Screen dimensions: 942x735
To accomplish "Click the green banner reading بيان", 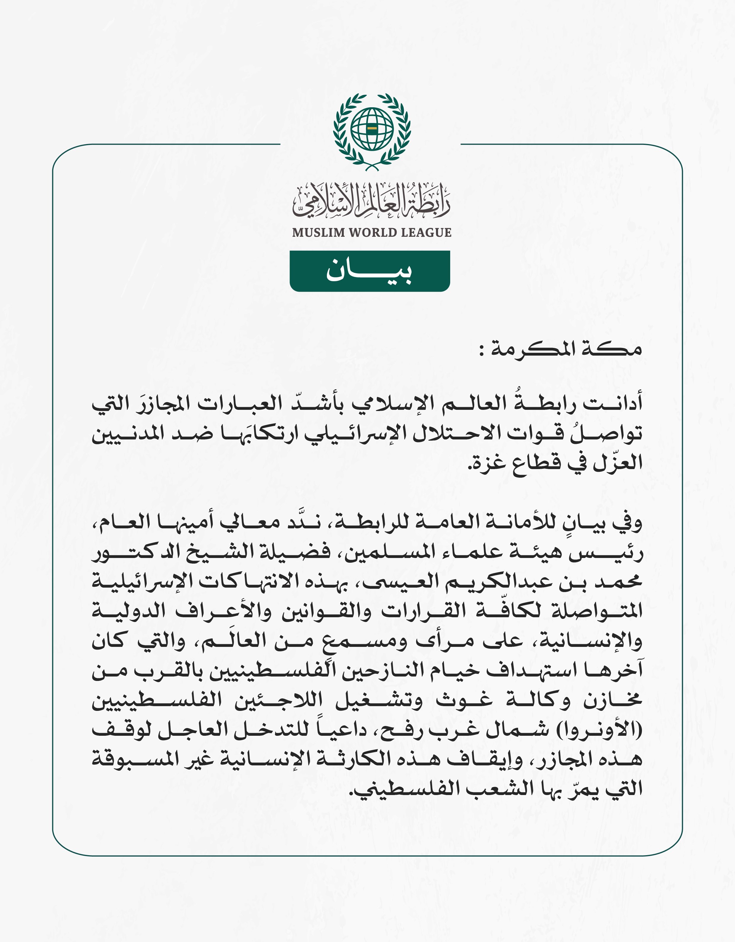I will click(370, 271).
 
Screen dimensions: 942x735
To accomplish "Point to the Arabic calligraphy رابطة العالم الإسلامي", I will click(371, 201).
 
